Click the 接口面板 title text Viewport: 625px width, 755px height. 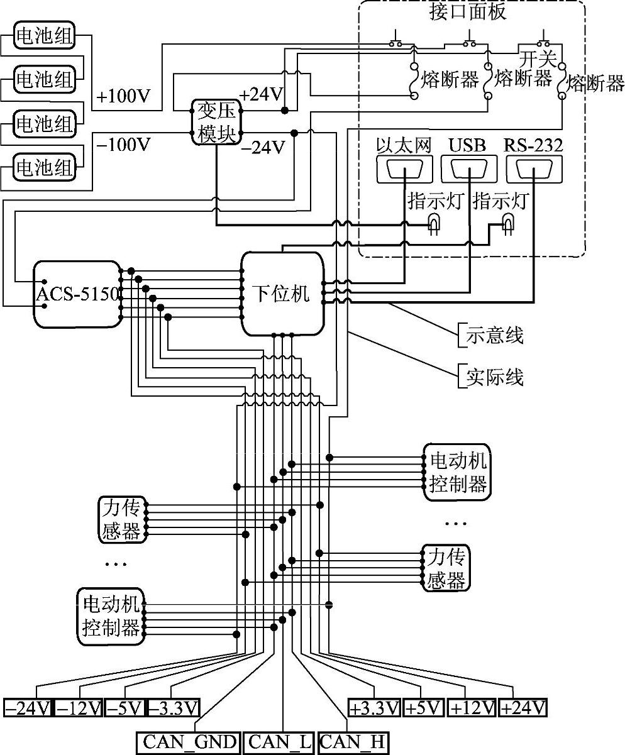click(468, 11)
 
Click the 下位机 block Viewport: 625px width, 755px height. click(283, 294)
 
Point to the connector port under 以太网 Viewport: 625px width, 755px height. click(404, 170)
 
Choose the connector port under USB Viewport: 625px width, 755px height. click(469, 170)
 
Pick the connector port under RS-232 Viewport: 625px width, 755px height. click(533, 170)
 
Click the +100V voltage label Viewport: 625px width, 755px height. click(124, 97)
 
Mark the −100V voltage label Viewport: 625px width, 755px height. click(124, 145)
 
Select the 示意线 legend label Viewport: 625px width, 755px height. click(494, 336)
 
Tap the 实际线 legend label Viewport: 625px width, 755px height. click(494, 377)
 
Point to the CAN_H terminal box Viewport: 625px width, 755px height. click(352, 742)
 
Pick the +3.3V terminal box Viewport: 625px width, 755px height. click(374, 708)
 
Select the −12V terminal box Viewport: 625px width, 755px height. click(79, 708)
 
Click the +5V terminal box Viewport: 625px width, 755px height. click(424, 708)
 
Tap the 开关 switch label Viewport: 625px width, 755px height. click(538, 59)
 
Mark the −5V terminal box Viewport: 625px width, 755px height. click(125, 708)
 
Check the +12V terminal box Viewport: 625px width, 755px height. click(472, 708)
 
